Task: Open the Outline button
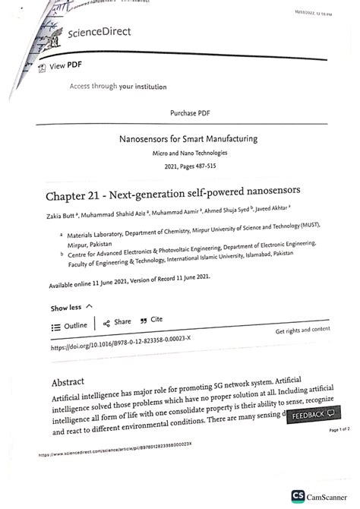pos(70,325)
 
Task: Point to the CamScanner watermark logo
pos(319,495)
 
